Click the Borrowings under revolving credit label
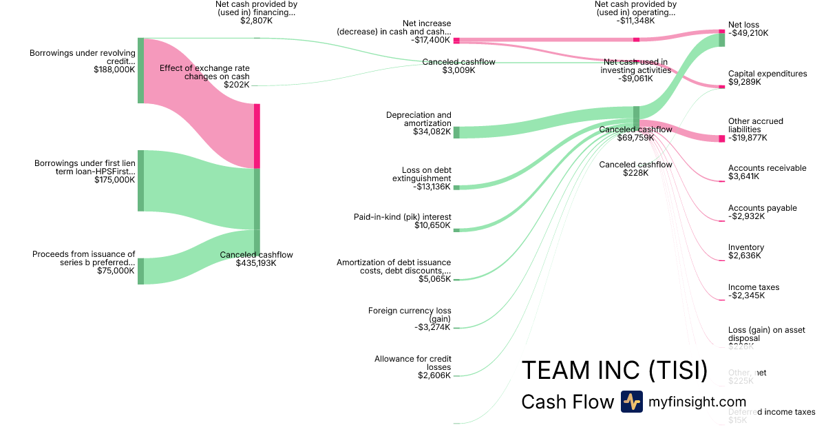click(x=82, y=61)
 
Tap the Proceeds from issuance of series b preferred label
click(x=83, y=262)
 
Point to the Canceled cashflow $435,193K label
click(x=256, y=259)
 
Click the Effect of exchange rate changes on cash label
click(x=204, y=72)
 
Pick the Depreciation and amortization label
click(x=419, y=123)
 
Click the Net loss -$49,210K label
click(x=748, y=28)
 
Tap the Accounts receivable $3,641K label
click(x=767, y=172)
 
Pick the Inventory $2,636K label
click(x=746, y=251)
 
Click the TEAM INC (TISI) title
click(x=614, y=371)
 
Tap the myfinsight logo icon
click(x=631, y=402)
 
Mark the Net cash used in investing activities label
click(x=635, y=70)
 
